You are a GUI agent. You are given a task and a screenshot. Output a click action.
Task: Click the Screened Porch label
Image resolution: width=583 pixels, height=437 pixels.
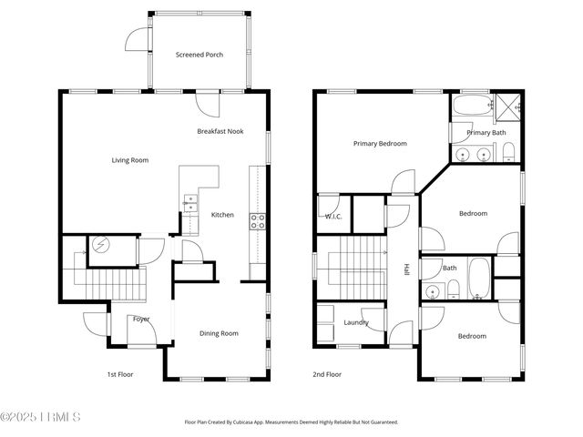click(199, 55)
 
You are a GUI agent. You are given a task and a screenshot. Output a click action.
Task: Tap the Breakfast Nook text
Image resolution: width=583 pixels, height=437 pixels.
click(220, 131)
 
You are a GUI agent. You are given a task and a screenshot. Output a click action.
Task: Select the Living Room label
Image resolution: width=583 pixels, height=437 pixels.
click(130, 160)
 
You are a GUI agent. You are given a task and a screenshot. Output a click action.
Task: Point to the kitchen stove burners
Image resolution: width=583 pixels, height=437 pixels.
click(258, 218)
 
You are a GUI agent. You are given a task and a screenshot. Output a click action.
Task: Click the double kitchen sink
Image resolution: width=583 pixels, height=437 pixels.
click(190, 204)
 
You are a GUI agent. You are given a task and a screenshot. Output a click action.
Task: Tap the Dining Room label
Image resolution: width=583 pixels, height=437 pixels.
click(219, 333)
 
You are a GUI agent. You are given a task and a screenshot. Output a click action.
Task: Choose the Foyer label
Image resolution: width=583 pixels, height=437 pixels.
click(141, 320)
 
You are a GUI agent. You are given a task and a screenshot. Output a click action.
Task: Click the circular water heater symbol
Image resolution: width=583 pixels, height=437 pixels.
click(100, 245)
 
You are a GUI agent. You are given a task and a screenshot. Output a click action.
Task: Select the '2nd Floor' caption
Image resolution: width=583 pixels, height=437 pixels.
click(326, 374)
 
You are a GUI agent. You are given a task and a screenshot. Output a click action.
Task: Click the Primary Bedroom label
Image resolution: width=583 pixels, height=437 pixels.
click(380, 144)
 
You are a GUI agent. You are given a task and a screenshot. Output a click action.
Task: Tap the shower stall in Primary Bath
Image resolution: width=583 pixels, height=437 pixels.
click(505, 106)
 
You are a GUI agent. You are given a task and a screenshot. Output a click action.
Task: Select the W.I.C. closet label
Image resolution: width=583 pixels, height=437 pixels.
click(333, 216)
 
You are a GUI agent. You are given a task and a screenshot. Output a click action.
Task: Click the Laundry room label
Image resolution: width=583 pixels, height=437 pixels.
click(355, 323)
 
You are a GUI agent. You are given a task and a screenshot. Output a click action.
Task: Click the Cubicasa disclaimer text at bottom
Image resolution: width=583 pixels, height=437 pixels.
click(291, 422)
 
